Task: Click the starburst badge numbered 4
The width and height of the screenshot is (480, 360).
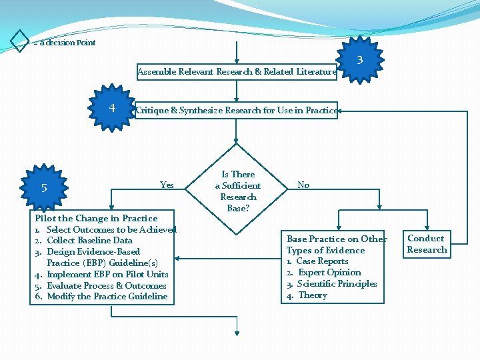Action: click(112, 107)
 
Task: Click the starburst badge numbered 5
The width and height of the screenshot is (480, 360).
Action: click(44, 188)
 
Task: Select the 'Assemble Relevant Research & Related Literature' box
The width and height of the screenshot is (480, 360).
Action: click(237, 72)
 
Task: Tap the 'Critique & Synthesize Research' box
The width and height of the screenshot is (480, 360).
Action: click(237, 110)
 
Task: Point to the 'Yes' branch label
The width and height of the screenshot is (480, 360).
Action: click(167, 185)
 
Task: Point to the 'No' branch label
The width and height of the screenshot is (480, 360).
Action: click(303, 185)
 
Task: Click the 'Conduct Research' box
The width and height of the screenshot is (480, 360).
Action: click(427, 244)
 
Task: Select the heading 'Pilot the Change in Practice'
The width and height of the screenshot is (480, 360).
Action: click(96, 218)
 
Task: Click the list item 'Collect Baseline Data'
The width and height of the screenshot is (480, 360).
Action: click(89, 241)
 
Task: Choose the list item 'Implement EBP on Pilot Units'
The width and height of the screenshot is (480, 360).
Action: click(107, 274)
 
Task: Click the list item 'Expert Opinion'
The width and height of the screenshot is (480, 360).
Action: click(329, 273)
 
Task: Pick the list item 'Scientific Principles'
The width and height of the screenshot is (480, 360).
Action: click(337, 284)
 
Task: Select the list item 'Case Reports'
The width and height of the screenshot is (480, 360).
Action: click(322, 261)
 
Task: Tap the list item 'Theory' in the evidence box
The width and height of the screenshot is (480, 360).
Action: click(312, 295)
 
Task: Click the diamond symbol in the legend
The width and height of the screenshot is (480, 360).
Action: click(20, 41)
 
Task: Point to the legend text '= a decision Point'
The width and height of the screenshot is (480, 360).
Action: click(65, 43)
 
